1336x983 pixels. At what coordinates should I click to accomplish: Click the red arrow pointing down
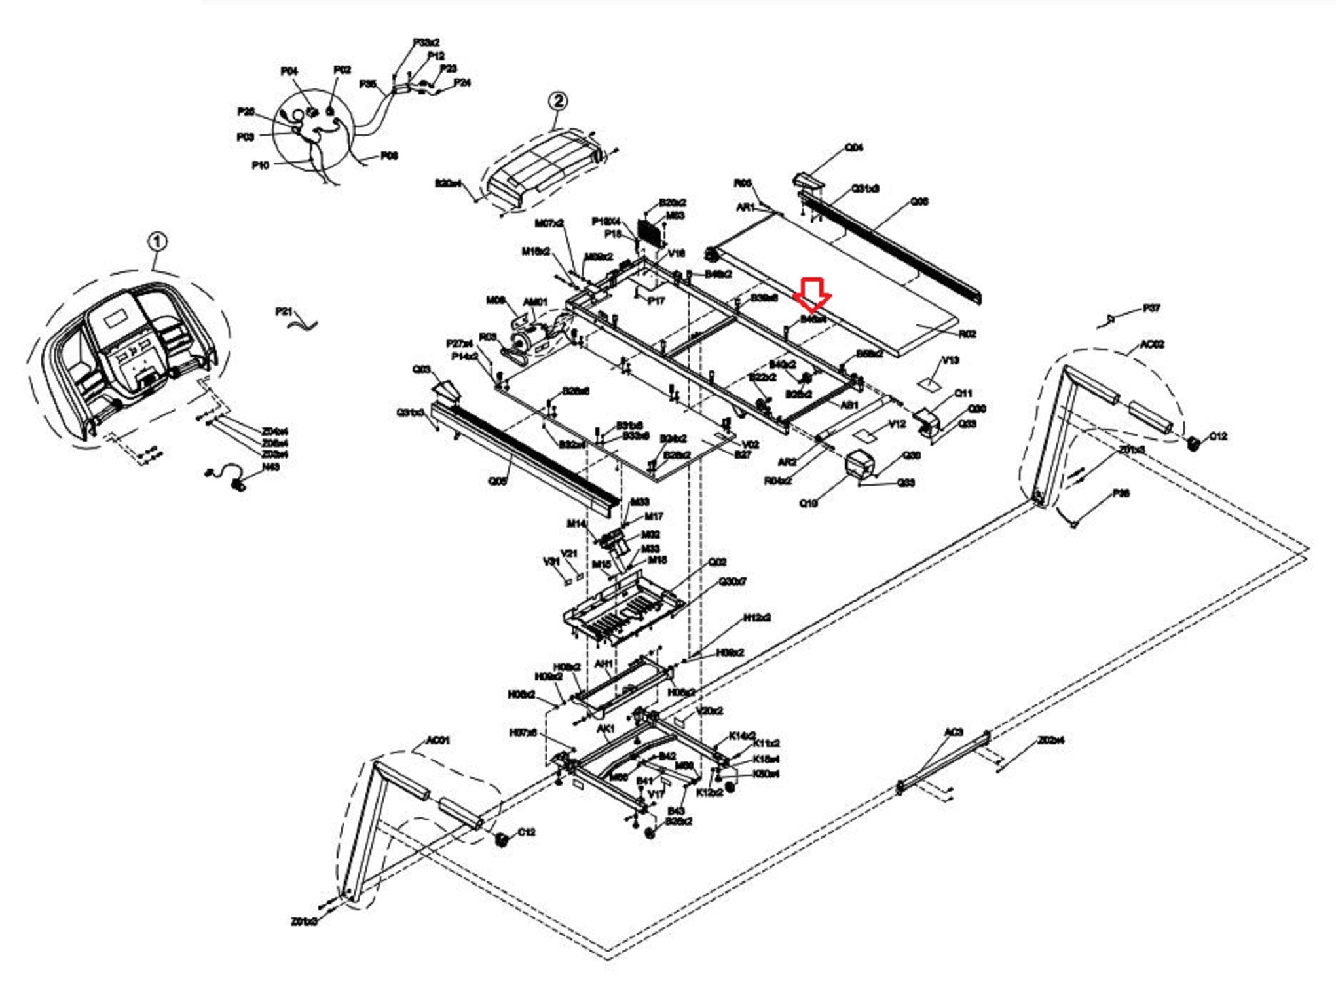click(x=812, y=294)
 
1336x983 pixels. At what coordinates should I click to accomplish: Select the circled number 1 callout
click(x=157, y=242)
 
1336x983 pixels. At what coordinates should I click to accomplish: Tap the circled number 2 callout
click(x=557, y=101)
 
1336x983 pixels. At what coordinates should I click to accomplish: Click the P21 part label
click(x=284, y=311)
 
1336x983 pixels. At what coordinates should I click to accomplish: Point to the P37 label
click(x=1151, y=308)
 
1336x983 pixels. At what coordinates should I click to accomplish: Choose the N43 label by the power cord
click(x=270, y=467)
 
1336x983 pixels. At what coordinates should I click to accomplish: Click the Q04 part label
click(x=853, y=148)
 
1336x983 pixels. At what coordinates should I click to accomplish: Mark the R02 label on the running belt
click(x=967, y=334)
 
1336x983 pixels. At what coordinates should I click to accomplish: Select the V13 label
click(x=950, y=360)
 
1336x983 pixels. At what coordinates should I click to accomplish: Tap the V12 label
click(x=897, y=424)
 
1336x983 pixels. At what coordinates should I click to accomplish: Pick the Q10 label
click(x=808, y=503)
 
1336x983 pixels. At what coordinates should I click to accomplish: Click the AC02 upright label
click(x=1151, y=345)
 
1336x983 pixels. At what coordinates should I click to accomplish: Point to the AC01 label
click(x=437, y=741)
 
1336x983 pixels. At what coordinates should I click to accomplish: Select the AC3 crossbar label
click(x=954, y=731)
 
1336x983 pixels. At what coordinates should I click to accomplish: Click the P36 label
click(x=1121, y=493)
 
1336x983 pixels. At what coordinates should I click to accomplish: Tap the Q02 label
click(x=717, y=562)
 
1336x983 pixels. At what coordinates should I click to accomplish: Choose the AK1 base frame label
click(x=605, y=729)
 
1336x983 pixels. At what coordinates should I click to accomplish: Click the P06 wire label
click(x=389, y=156)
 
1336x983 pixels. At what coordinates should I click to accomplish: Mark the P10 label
click(x=260, y=165)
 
